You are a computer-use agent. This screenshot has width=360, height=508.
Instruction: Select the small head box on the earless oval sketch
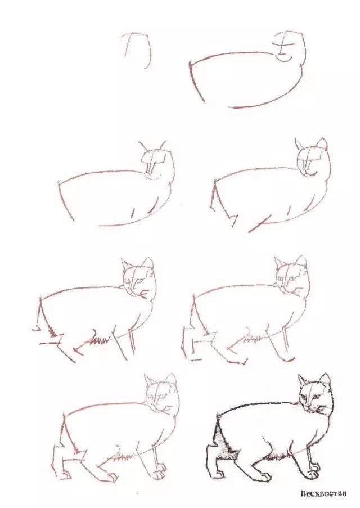[x=290, y=45]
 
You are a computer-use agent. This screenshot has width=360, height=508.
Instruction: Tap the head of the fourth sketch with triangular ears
[x=311, y=160]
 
